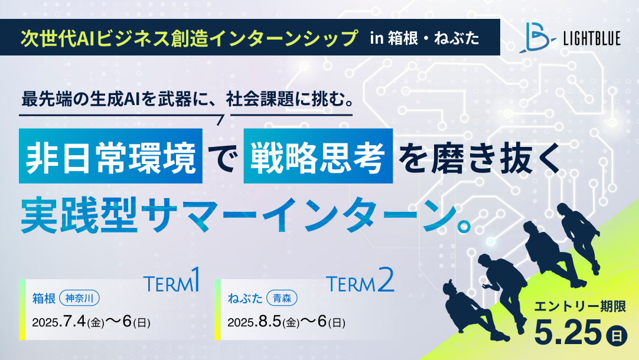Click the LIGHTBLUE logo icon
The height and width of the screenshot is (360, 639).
[x=537, y=37]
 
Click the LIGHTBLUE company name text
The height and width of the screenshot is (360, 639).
[x=592, y=38]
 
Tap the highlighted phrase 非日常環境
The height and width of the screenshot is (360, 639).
[x=111, y=156]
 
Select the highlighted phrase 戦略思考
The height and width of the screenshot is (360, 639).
[x=318, y=156]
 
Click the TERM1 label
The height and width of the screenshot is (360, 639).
[x=172, y=280]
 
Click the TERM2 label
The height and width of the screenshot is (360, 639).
[x=360, y=280]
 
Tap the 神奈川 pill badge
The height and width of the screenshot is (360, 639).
[x=80, y=299]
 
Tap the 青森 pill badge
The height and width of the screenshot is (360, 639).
[x=282, y=299]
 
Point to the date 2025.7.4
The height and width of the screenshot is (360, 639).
[x=59, y=322]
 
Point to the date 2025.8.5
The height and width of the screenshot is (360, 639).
[x=255, y=322]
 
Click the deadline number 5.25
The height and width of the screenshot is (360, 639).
[x=568, y=332]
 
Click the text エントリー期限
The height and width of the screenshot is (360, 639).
[x=580, y=307]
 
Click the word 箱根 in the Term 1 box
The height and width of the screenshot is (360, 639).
[x=44, y=299]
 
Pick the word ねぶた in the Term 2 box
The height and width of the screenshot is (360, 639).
[x=245, y=299]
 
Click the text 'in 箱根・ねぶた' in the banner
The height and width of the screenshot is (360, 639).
[x=425, y=38]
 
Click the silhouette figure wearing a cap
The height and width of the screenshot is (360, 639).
[x=472, y=309]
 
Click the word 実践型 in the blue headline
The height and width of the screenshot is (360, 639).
[x=78, y=214]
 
